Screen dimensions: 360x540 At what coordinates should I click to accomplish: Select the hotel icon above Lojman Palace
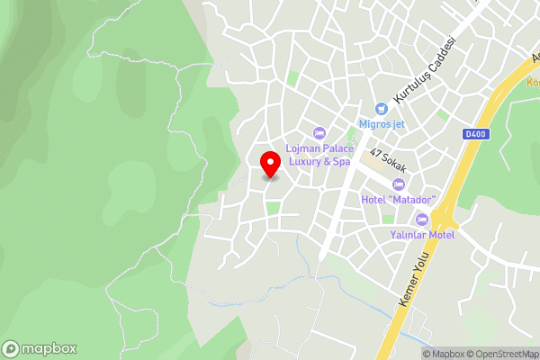pos(318,132)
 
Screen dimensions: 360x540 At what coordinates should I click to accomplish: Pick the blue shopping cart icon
pos(381,108)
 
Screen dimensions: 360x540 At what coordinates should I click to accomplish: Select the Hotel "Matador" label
pos(398,199)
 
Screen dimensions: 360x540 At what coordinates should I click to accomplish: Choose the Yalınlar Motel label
pos(422,235)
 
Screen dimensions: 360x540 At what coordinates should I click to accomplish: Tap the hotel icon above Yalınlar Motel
pos(422,220)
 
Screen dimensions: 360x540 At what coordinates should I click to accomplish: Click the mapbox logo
pos(40,349)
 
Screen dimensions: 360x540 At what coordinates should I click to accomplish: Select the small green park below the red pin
pos(273,208)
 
